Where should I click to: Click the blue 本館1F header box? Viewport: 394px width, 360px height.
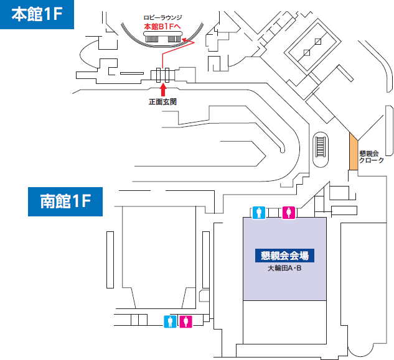[x=37, y=14]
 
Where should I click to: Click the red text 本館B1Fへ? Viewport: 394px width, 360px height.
[x=163, y=27]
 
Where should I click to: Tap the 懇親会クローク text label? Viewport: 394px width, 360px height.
[x=372, y=157]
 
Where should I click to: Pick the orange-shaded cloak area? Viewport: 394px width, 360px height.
[x=353, y=153]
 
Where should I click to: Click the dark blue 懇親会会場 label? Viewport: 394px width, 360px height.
[x=284, y=255]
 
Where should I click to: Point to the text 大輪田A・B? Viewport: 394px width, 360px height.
[x=284, y=269]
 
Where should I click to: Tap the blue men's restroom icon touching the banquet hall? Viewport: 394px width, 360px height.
[x=260, y=213]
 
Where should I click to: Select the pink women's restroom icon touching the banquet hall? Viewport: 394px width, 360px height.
[x=288, y=213]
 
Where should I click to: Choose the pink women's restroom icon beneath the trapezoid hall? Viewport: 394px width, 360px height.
[x=187, y=321]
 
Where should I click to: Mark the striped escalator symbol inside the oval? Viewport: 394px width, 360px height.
[x=321, y=147]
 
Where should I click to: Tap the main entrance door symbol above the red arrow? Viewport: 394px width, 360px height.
[x=164, y=75]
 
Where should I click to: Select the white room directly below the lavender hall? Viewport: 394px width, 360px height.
[x=284, y=321]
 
